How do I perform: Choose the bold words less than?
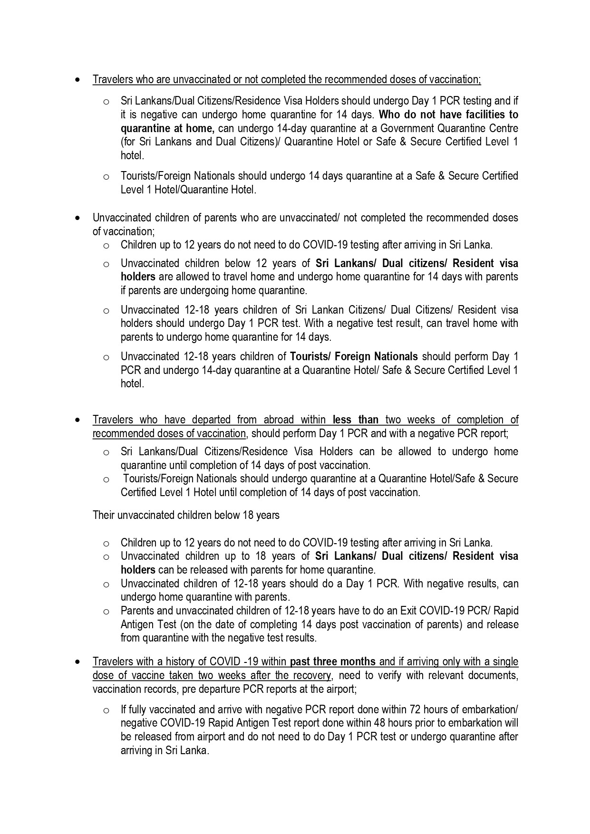356,420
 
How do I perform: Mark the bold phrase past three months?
333,661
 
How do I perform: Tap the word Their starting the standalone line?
104,515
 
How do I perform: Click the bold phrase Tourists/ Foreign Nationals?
354,356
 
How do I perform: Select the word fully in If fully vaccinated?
138,709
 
